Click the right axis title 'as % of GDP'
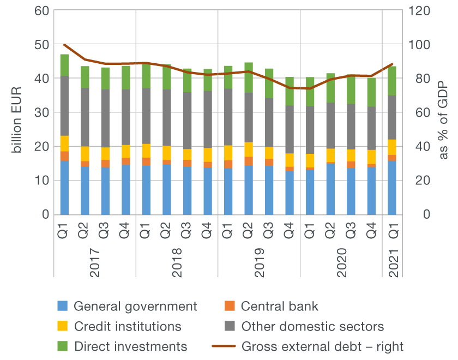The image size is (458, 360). (442, 112)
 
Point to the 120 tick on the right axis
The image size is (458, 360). (418, 10)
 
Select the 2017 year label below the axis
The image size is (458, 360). (95, 263)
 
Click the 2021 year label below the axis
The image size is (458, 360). (392, 263)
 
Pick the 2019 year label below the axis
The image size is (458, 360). (259, 263)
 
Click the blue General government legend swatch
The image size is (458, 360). (64, 307)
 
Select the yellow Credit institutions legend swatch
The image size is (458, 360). (64, 327)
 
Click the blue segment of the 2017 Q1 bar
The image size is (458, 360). (64, 188)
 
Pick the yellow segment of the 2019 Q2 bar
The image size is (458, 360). (249, 149)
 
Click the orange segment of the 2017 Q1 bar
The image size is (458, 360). (64, 156)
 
